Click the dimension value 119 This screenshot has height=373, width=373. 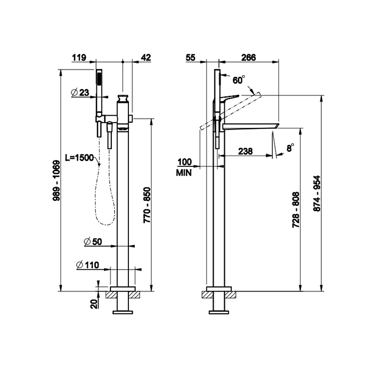[79, 58]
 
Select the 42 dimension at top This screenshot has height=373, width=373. [146, 58]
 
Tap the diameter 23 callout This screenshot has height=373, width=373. [80, 92]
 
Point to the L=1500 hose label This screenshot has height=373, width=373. [79, 158]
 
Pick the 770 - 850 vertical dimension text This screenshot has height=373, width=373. [147, 205]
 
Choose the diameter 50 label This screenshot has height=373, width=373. [93, 242]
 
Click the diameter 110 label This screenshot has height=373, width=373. [87, 265]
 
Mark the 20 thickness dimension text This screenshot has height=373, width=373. [94, 304]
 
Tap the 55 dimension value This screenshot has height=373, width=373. [190, 58]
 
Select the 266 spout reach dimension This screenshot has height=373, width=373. [249, 58]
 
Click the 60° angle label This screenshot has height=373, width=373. [239, 80]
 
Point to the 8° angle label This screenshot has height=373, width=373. [290, 148]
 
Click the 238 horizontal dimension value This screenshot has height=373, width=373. [246, 151]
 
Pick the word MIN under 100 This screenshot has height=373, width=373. [184, 173]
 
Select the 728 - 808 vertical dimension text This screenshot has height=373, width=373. [296, 209]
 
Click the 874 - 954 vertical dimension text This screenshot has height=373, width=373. [317, 193]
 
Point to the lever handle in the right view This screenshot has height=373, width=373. [230, 98]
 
